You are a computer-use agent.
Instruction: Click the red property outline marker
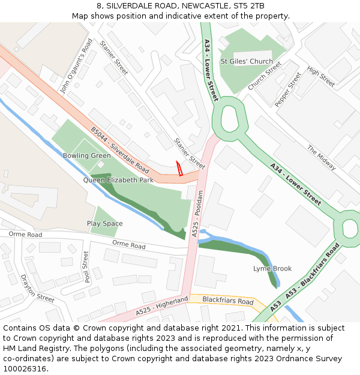coord(178,169)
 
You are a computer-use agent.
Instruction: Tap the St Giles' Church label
coord(246,61)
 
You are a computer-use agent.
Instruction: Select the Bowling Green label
coord(86,155)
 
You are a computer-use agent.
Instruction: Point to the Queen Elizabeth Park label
coord(118,179)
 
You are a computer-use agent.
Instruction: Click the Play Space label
coord(104,224)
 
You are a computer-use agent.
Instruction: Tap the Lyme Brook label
coord(272,268)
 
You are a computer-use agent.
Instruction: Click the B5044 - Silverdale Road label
coord(119,149)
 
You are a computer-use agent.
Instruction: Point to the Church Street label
coord(265,77)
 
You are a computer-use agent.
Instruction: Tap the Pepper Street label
coord(288,89)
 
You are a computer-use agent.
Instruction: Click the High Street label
coord(321,77)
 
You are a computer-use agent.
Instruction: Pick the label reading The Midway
coord(322,157)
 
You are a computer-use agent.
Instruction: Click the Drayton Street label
coord(37,287)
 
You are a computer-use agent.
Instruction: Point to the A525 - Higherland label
coord(162,305)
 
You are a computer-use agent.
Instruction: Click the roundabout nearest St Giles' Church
coord(230,118)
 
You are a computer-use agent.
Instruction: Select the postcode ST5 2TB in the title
coord(248,5)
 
